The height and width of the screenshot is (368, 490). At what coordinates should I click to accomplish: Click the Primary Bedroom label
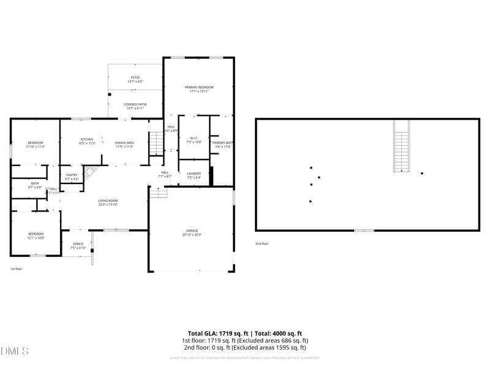tap(199, 88)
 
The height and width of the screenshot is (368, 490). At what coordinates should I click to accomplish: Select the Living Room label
tap(108, 201)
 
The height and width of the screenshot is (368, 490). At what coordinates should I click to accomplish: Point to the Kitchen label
tap(87, 139)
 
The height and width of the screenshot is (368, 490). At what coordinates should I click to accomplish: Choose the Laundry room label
tap(194, 174)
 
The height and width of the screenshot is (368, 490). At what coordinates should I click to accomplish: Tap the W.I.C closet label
tap(193, 137)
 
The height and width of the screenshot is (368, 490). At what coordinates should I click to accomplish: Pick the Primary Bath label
tap(222, 142)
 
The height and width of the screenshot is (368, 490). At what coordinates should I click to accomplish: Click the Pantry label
tap(72, 175)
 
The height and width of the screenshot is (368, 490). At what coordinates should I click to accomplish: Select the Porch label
tap(78, 243)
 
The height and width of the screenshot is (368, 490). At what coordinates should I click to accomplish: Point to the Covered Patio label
tap(135, 104)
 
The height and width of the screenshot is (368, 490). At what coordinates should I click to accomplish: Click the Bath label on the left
tap(35, 183)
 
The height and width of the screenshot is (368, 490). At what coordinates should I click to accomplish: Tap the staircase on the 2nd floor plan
tap(401, 147)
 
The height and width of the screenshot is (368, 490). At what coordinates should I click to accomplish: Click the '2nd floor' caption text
tap(262, 243)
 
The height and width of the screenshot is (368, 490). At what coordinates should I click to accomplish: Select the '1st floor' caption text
tap(16, 269)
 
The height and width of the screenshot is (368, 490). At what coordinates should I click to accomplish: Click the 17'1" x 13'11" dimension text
tap(199, 91)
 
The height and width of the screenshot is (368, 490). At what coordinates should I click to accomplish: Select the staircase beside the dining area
tap(157, 144)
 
